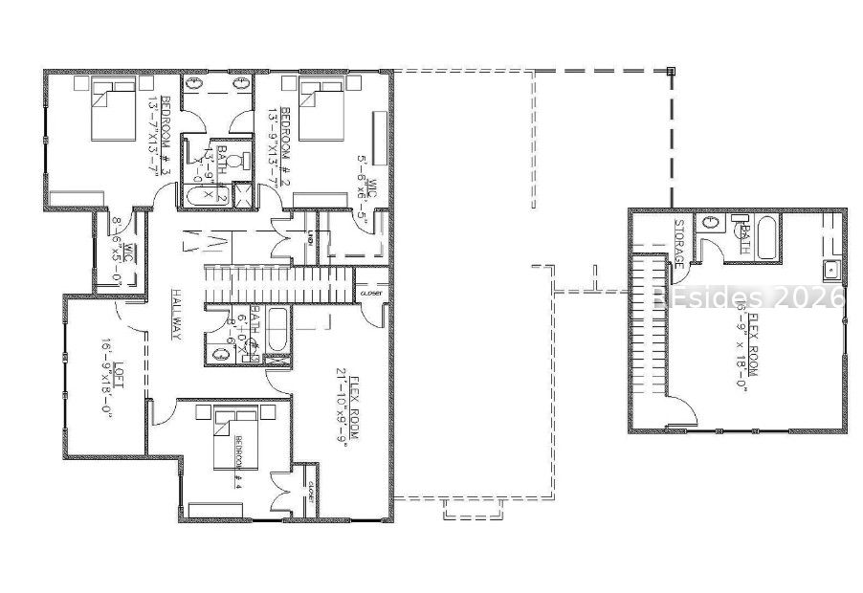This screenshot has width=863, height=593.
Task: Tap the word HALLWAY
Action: tap(176, 314)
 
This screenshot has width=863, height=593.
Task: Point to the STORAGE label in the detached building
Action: tap(679, 243)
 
